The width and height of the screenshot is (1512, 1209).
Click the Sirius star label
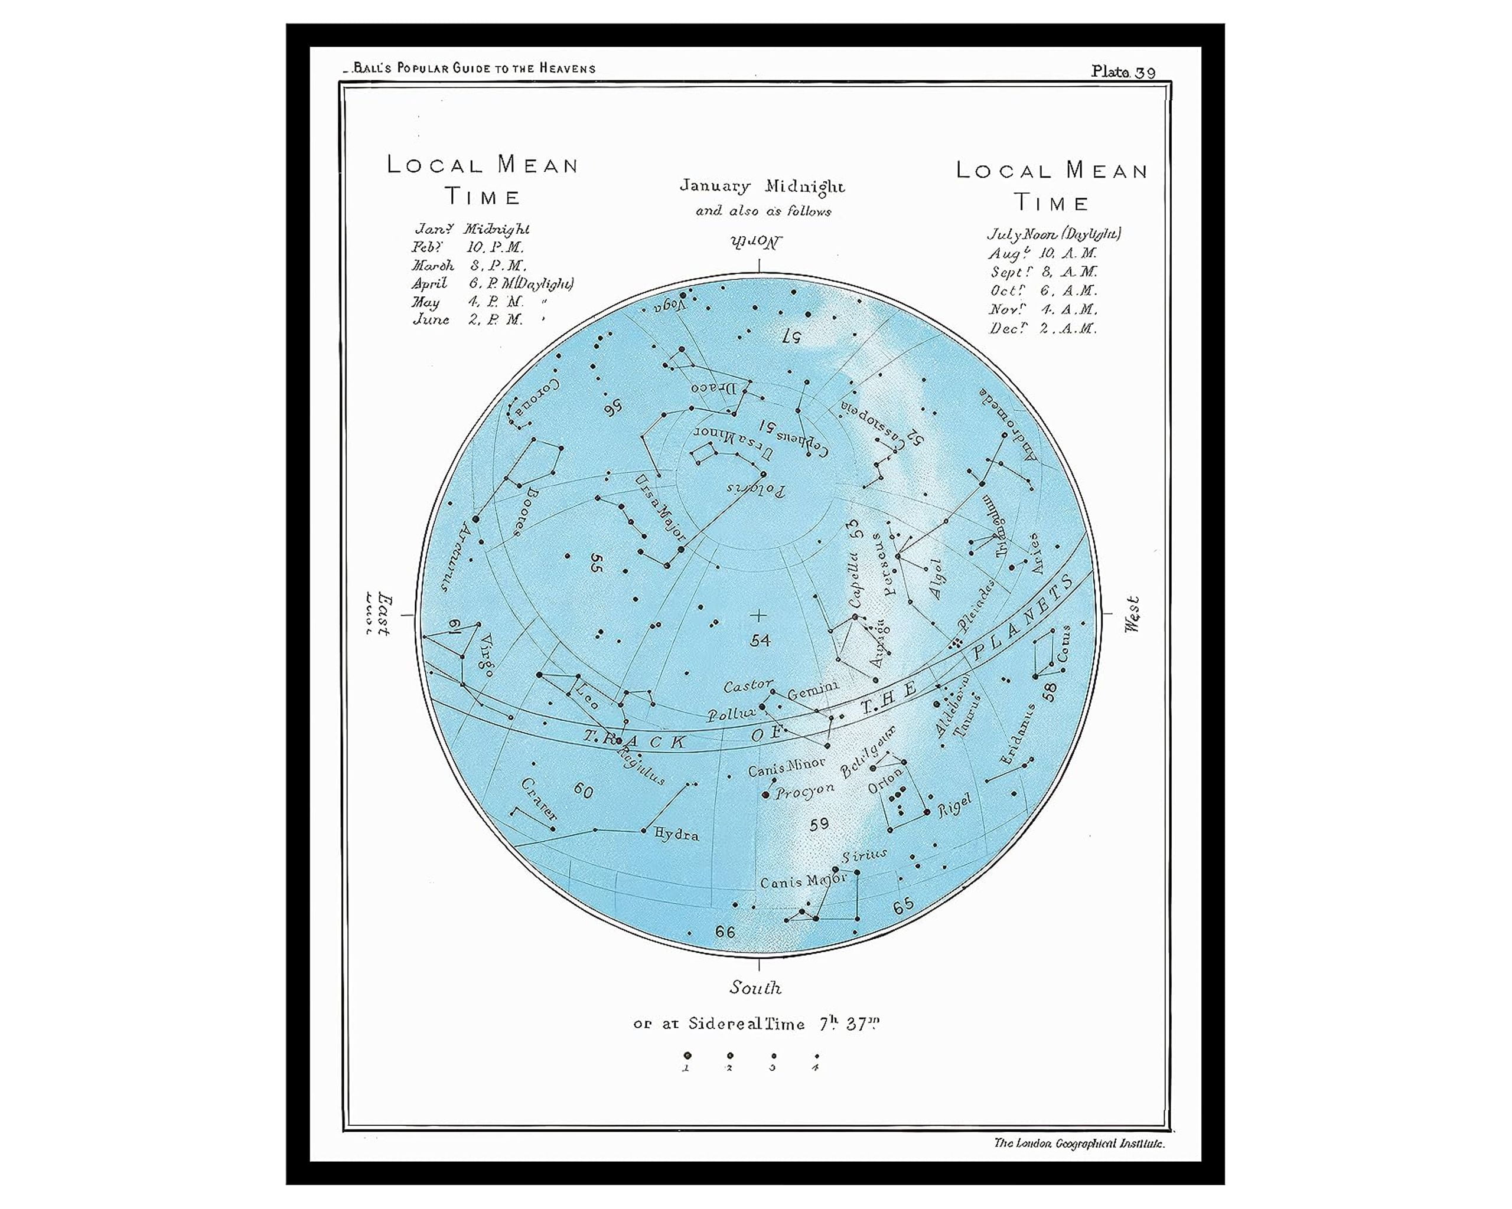864,856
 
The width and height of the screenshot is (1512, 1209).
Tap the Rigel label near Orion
954,805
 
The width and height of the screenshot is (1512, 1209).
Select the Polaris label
756,489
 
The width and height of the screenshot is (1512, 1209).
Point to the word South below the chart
755,988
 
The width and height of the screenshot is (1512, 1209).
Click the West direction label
1132,615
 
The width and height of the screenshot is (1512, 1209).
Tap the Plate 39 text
1123,72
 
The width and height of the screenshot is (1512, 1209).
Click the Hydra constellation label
676,834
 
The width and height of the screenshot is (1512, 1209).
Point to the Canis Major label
804,881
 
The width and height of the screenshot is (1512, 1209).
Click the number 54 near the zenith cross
760,640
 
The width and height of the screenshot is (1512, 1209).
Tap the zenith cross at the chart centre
758,615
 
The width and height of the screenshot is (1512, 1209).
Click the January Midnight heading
762,187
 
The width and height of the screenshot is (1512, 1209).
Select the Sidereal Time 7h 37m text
756,1024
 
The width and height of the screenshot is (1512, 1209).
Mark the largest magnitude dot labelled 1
687,1056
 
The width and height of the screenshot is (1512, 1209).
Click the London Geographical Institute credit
1078,1143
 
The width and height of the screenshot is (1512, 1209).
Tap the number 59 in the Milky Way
819,824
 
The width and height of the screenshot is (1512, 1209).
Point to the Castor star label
748,685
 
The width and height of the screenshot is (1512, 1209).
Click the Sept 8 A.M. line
1044,272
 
